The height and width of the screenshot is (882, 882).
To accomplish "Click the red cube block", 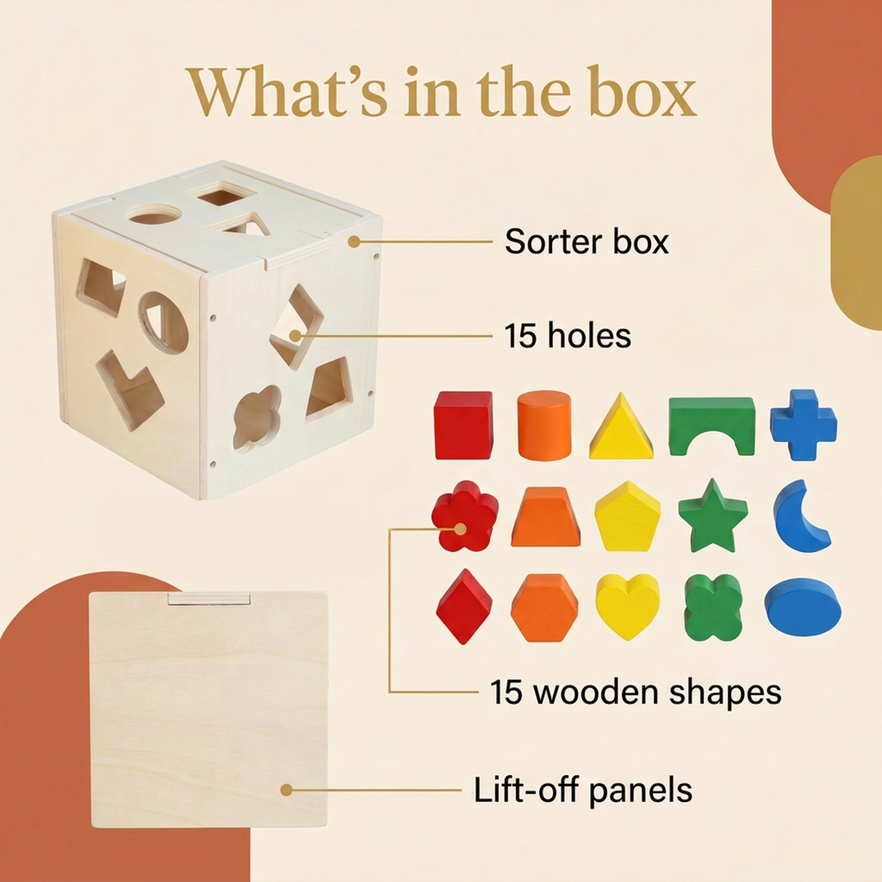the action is pos(464,425).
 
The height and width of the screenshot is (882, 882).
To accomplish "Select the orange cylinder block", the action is pos(544,425).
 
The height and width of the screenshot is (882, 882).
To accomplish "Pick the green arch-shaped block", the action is pos(712,425).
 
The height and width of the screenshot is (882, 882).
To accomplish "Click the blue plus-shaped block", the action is pos(804,425).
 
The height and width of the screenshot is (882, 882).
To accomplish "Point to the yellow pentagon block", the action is pos(627,516).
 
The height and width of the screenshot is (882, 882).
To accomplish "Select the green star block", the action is pos(713,516).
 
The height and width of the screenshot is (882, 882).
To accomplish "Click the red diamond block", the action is pos(464,606).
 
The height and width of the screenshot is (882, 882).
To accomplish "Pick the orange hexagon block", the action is pos(545,608).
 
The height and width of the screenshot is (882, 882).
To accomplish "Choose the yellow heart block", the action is pos(627,606).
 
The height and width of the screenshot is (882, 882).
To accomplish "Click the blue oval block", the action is pos(803,606).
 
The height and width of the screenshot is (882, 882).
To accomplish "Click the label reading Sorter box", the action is pos(586,241).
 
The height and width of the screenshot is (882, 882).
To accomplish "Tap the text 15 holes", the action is pos(567,336).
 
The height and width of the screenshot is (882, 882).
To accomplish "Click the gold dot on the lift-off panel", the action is pos(287,790).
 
